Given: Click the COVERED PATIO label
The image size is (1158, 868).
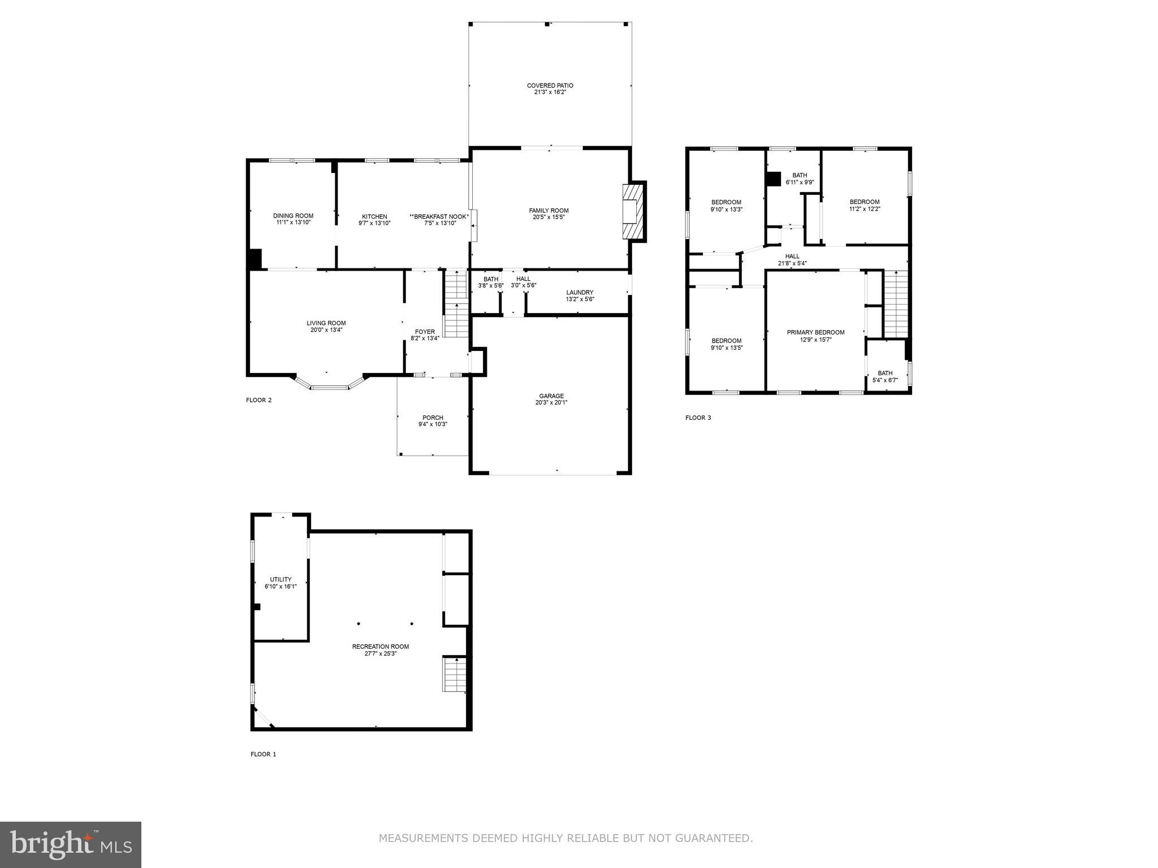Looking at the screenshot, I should tap(550, 86).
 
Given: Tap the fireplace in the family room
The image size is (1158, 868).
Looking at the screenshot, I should tap(633, 211).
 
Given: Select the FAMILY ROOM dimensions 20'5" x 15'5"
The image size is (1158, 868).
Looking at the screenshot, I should tap(548, 218).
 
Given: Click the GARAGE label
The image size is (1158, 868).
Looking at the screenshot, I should tap(551, 396).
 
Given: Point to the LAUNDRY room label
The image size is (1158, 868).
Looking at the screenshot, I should tap(580, 293).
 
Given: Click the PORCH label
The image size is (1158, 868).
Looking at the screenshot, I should tap(433, 418).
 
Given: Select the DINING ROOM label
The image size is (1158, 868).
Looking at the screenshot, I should tap(293, 216).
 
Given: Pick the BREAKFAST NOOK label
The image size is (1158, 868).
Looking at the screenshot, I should tap(440, 216).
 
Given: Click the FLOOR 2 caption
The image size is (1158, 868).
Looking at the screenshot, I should tap(258, 400).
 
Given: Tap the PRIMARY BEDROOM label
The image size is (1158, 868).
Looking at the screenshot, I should tap(815, 332).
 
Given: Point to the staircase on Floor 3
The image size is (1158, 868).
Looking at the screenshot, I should tap(896, 304).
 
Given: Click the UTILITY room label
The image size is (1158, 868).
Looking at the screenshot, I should tap(280, 579).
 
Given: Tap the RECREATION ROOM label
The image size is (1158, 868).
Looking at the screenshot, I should tap(380, 646).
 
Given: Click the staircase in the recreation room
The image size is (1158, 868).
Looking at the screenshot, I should tap(453, 674).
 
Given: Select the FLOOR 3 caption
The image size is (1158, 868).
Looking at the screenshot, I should tap(698, 418).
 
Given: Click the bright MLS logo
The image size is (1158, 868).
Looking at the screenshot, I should tap(70, 844).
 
